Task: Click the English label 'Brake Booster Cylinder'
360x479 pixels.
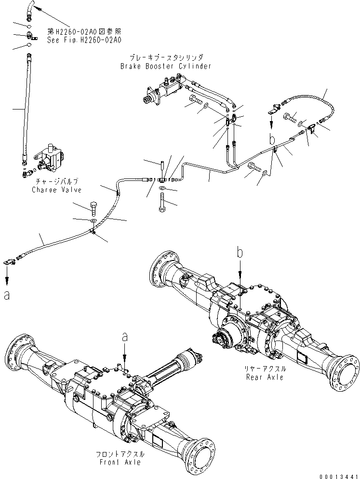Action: point(166,66)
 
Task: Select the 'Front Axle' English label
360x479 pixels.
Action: point(118,462)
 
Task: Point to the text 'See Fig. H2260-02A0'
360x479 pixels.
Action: point(84,40)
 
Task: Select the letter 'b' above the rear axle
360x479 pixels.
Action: point(240,252)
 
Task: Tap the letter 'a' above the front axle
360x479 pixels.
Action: point(124,338)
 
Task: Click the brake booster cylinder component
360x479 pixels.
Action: point(161,92)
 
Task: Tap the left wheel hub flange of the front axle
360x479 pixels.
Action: point(14,355)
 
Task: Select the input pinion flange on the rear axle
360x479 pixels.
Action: point(221,341)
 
